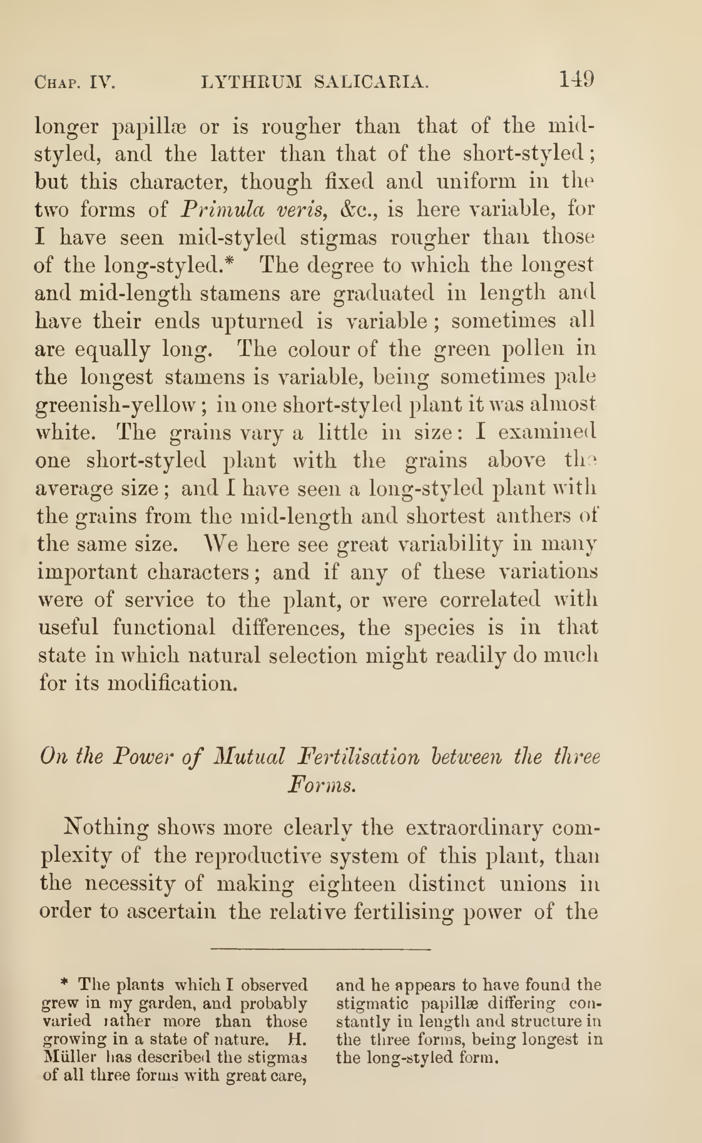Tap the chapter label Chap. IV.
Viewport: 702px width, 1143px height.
75,83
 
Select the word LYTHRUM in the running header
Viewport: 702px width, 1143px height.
251,82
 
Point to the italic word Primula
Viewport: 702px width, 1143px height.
222,210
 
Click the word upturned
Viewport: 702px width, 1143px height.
257,321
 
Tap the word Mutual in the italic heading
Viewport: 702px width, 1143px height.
248,756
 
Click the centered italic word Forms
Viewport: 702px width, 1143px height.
322,785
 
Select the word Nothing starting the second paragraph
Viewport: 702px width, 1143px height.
106,827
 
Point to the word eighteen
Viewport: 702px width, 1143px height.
352,883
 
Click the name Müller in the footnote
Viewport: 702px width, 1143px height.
70,1057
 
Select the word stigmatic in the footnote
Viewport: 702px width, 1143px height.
372,1003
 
